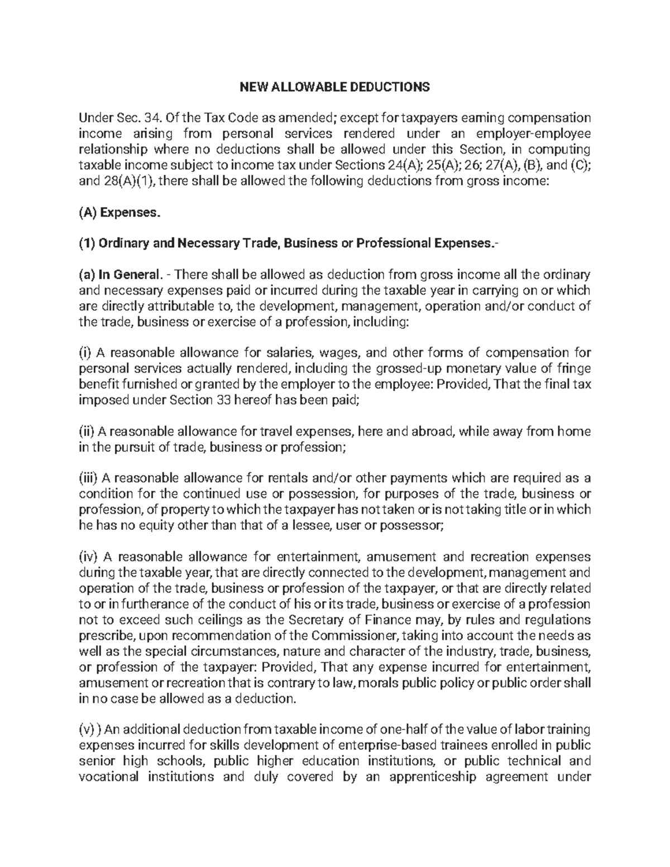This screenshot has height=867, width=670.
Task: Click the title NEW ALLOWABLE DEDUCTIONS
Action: pos(335,87)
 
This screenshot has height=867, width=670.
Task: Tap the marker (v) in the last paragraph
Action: pos(87,729)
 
